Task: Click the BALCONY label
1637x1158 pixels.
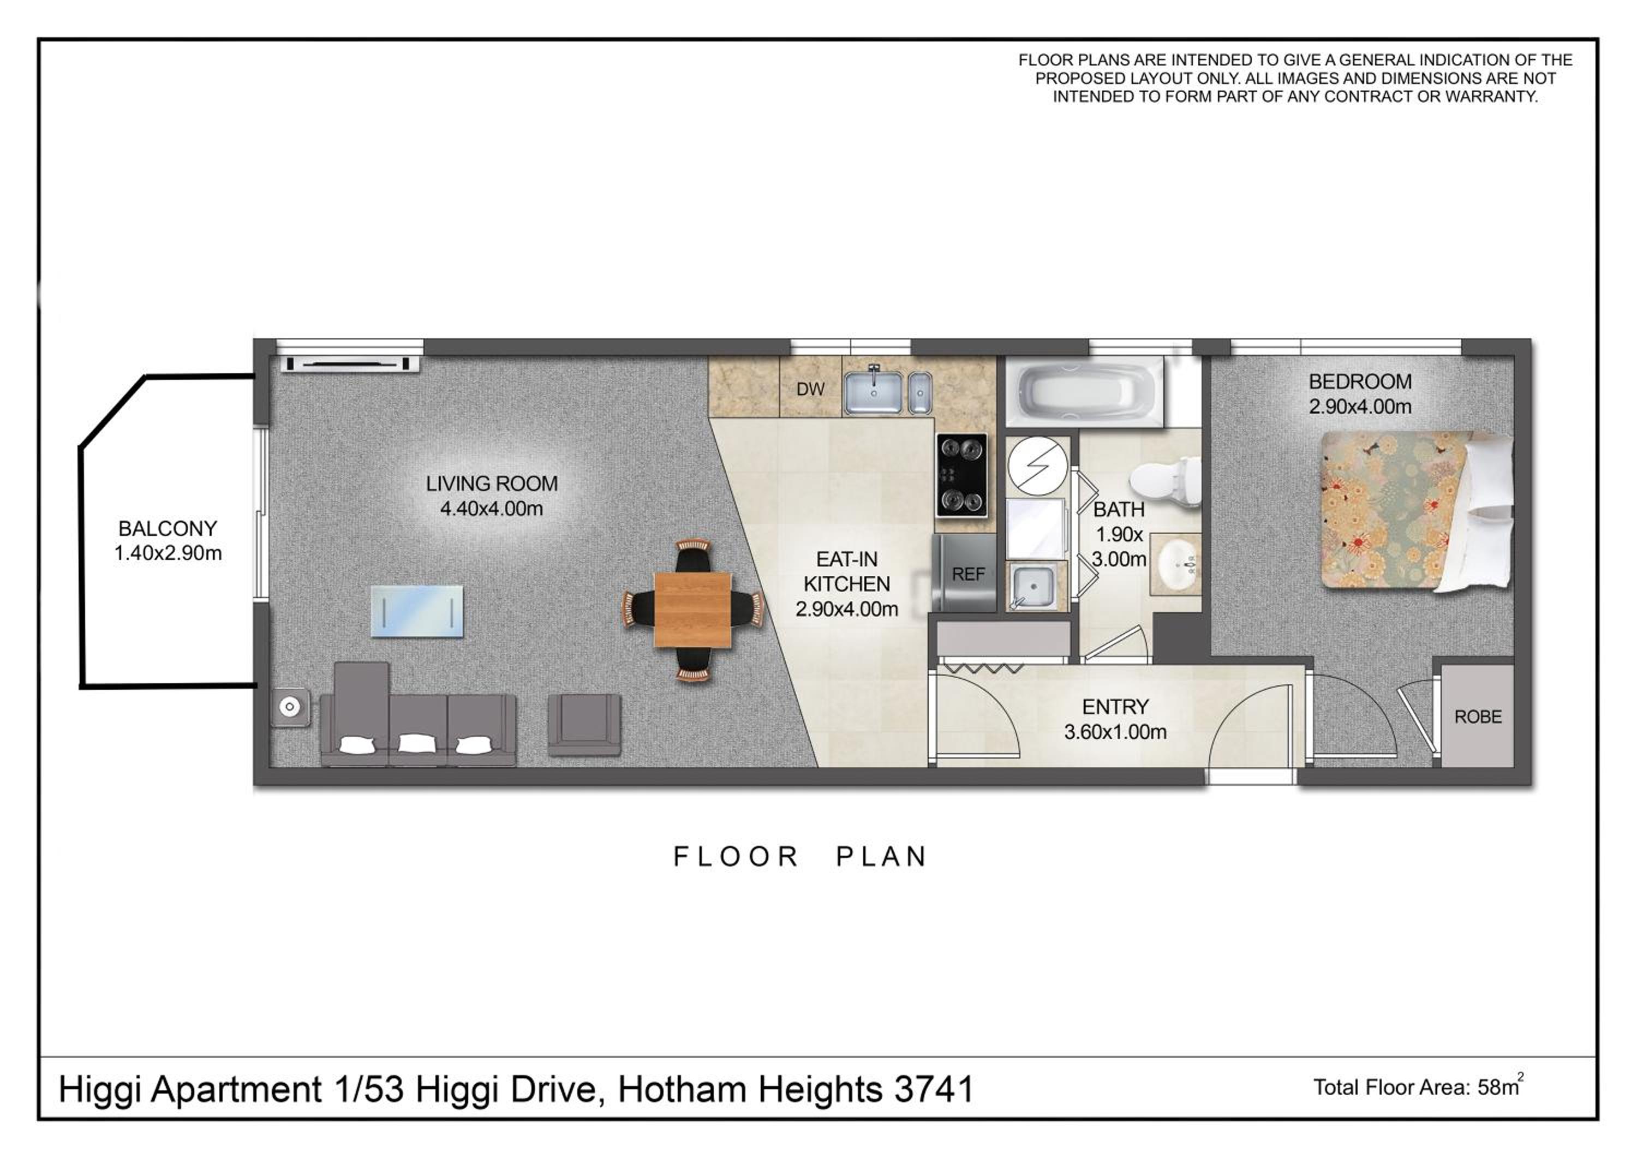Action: (x=168, y=528)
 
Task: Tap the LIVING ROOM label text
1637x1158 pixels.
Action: (x=492, y=484)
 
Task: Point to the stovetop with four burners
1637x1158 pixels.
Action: (x=962, y=476)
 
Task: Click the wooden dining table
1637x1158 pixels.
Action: (x=692, y=610)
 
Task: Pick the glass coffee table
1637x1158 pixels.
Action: (x=417, y=611)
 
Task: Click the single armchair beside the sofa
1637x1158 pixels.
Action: (x=584, y=725)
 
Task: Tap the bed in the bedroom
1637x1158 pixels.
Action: (x=1417, y=511)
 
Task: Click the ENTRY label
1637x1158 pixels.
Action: (x=1115, y=707)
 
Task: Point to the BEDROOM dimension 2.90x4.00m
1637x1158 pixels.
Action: (x=1360, y=407)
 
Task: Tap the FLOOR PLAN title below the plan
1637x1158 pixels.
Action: (x=800, y=856)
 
